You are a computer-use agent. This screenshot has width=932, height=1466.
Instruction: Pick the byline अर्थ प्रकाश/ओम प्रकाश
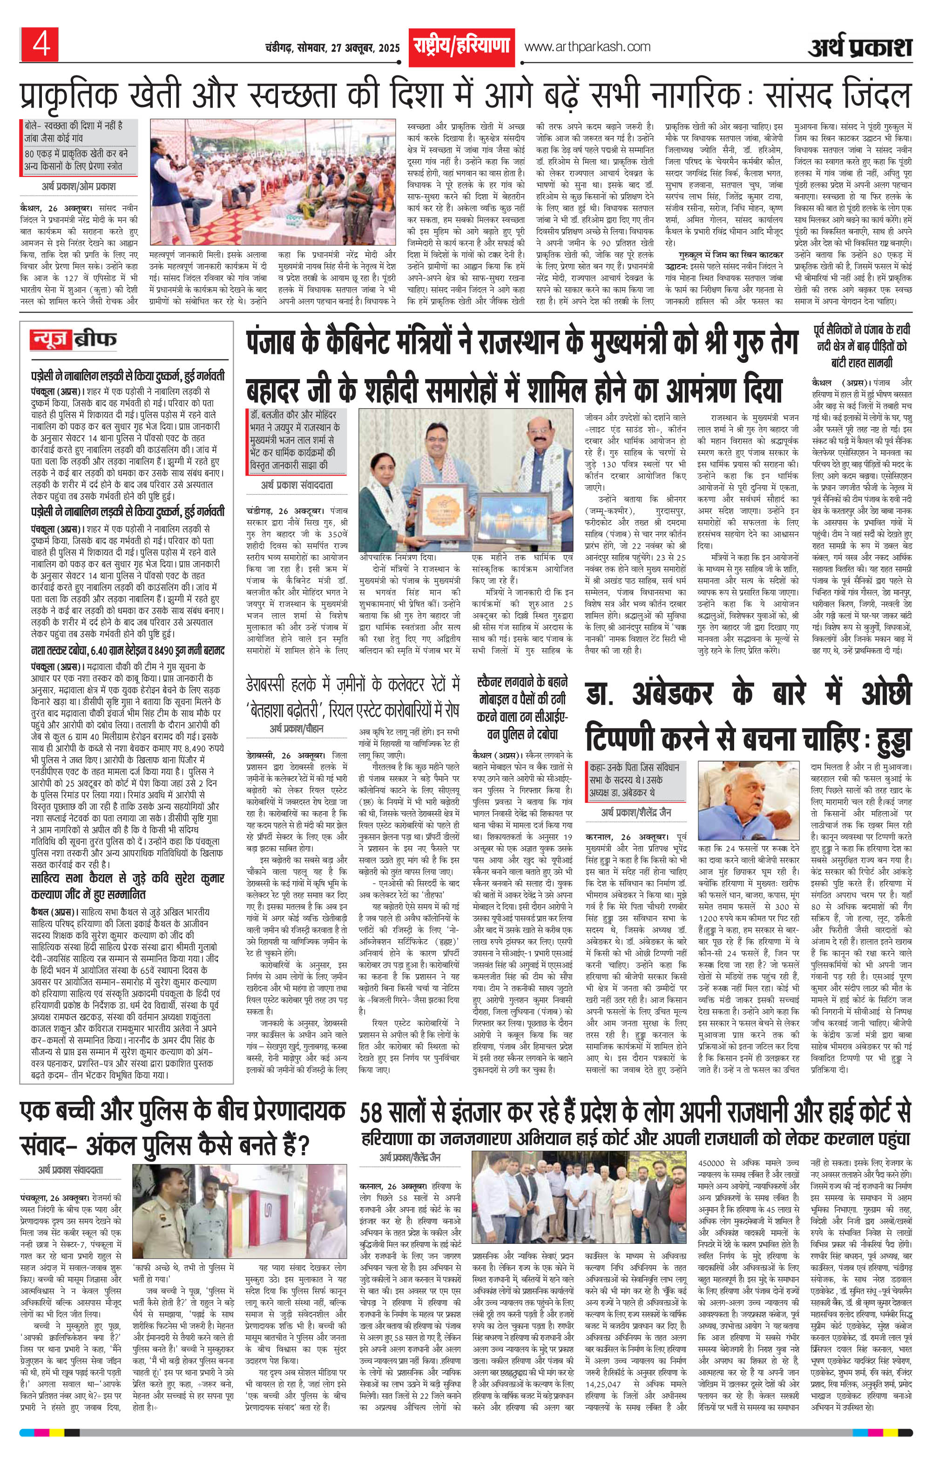(x=79, y=186)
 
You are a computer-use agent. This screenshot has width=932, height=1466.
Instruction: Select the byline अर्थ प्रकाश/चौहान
(x=297, y=728)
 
